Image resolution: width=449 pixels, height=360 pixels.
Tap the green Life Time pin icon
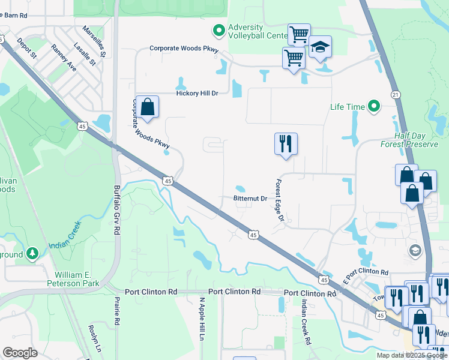pyautogui.click(x=374, y=107)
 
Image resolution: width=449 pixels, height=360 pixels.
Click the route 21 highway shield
pyautogui.click(x=394, y=95)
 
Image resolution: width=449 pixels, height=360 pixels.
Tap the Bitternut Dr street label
pyautogui.click(x=250, y=199)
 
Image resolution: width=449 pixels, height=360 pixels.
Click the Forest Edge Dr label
pyautogui.click(x=279, y=201)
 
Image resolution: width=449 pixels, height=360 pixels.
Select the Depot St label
pyautogui.click(x=27, y=47)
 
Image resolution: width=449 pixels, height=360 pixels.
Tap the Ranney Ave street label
pyautogui.click(x=64, y=58)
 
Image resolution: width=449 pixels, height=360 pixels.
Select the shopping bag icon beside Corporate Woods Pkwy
pyautogui.click(x=147, y=107)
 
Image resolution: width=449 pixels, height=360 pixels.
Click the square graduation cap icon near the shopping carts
pyautogui.click(x=321, y=47)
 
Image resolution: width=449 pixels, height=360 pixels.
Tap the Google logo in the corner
pyautogui.click(x=20, y=353)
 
